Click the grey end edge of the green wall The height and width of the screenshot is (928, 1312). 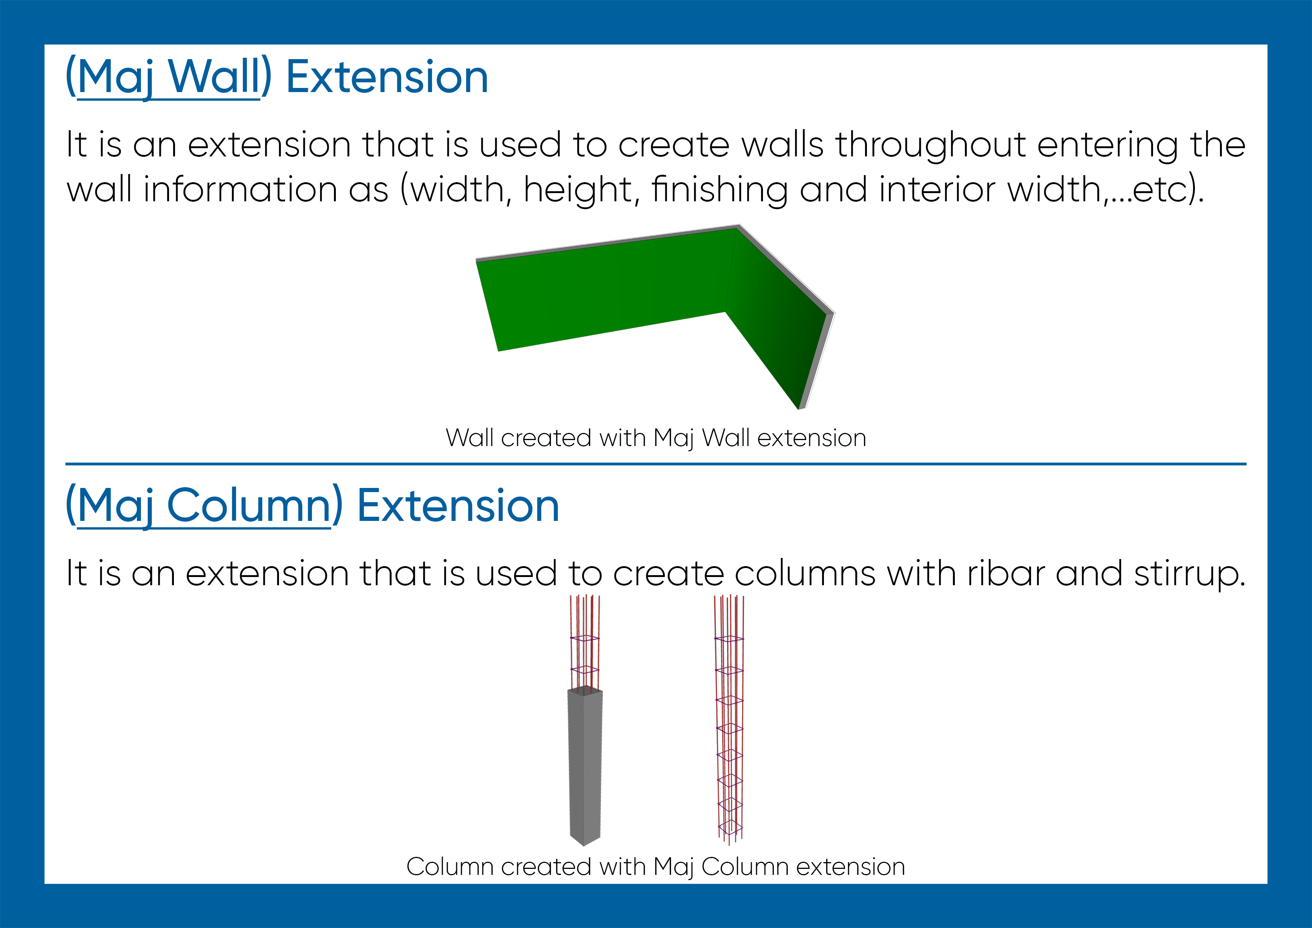pos(816,360)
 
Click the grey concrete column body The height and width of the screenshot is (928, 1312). pos(585,766)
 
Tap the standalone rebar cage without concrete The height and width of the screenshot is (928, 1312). pos(729,720)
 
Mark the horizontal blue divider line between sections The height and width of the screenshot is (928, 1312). pos(656,464)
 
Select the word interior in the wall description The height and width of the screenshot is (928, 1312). pos(937,189)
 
